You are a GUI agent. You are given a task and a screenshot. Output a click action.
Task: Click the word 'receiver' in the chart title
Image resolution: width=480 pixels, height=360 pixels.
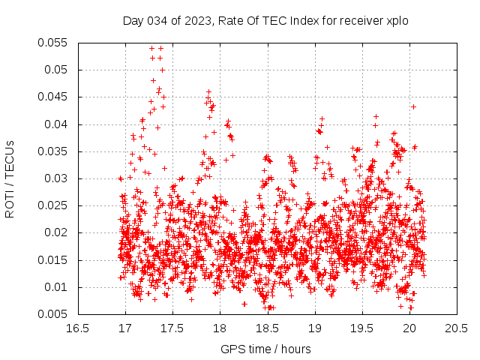pos(361,21)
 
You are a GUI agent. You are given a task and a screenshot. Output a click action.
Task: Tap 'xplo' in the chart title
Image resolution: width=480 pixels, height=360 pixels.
pos(397,22)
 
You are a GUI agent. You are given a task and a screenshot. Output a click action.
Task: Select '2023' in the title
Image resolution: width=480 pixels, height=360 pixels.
pos(198,21)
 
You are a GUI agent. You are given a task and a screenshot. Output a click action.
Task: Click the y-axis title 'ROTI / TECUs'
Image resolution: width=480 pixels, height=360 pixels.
pos(10,179)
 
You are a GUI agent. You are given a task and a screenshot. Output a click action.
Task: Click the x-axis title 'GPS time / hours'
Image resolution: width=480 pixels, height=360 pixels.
pos(265,349)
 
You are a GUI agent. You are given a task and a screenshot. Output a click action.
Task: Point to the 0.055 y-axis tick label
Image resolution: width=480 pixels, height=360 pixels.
pos(52,43)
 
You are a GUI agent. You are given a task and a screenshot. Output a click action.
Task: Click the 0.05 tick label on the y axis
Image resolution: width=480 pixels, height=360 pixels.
pos(55,70)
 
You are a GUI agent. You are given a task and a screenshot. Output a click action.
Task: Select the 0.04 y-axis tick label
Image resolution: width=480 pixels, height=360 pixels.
pos(55,124)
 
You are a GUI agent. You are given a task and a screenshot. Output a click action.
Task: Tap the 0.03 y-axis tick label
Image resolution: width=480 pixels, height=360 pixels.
pos(55,178)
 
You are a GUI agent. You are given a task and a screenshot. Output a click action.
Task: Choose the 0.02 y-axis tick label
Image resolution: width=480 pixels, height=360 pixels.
pos(55,232)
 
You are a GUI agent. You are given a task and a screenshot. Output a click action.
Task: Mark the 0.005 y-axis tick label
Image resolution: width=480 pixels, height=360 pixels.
pos(52,314)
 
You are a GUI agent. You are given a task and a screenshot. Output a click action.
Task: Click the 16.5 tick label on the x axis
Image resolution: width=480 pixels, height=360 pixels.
pos(78,328)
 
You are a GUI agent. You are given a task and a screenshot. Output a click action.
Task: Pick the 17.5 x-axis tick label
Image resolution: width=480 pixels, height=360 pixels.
pos(172,328)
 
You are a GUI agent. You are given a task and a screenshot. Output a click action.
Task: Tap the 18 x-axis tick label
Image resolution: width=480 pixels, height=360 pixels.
pos(220,328)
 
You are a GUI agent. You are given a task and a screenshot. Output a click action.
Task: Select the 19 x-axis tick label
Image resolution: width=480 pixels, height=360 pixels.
pos(315,328)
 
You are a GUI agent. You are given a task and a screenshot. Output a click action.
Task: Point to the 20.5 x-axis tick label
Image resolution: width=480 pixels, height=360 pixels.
pos(457,328)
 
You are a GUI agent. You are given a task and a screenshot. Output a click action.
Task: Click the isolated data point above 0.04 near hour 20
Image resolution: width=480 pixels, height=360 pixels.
pos(413,106)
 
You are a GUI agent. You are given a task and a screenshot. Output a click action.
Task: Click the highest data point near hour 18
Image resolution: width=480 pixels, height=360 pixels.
pos(208,91)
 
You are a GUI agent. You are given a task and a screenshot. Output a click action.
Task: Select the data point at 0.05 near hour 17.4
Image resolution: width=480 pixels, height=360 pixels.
pos(162,70)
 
